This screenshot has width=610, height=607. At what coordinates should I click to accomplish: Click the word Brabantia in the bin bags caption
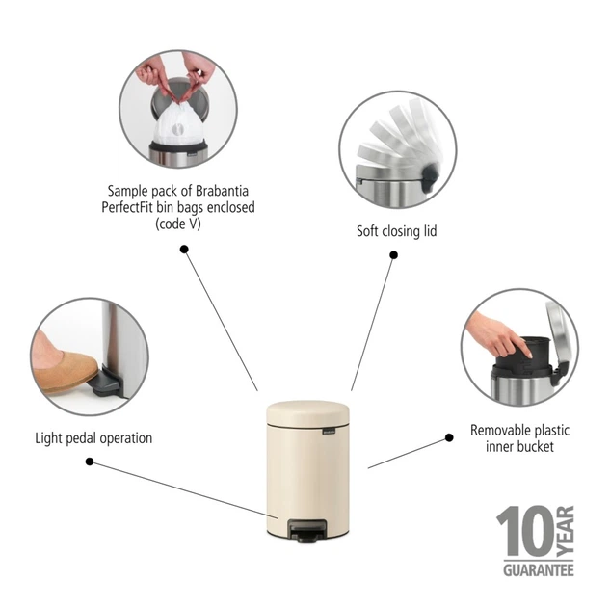[x=222, y=191]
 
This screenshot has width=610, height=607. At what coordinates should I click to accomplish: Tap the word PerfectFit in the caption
[x=127, y=207]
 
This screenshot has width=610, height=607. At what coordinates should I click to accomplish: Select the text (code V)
[x=178, y=224]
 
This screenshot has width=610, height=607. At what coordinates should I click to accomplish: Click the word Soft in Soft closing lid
[x=367, y=231]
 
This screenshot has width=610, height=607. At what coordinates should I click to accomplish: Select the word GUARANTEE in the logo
[x=539, y=570]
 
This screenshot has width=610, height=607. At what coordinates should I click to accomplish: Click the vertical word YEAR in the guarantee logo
[x=566, y=530]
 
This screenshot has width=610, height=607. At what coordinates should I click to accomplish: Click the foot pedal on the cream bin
[x=307, y=531]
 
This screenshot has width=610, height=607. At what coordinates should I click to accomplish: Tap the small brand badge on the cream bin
[x=329, y=431]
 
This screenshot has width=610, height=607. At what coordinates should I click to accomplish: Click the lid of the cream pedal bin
[x=307, y=413]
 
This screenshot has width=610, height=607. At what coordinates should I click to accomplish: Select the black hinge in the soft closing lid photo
[x=430, y=177]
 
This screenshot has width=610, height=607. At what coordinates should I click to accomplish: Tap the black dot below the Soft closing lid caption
[x=394, y=255]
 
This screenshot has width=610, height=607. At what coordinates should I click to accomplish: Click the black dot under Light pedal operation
[x=90, y=462]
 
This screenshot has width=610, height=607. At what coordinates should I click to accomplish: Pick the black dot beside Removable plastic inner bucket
[x=449, y=437]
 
